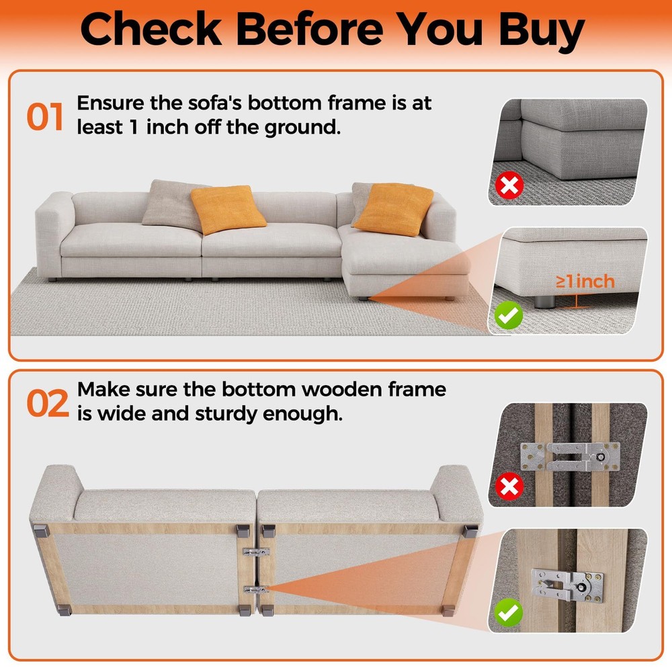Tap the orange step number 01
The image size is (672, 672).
[x=45, y=116]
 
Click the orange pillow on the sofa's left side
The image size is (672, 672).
[x=228, y=209]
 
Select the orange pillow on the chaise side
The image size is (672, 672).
[x=393, y=209]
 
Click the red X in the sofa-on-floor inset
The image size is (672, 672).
[x=509, y=185]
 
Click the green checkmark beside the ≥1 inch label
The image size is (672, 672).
[x=509, y=315]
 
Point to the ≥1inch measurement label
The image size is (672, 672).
[x=585, y=282]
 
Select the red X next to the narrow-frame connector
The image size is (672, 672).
[x=509, y=487]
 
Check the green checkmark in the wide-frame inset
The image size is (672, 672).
[x=509, y=613]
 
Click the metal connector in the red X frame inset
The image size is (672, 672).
[x=570, y=456]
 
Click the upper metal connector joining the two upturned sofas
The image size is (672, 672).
[x=256, y=552]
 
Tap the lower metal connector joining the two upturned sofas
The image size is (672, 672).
[x=256, y=590]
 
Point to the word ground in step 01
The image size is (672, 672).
[x=302, y=128]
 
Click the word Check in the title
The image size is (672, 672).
[x=151, y=28]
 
